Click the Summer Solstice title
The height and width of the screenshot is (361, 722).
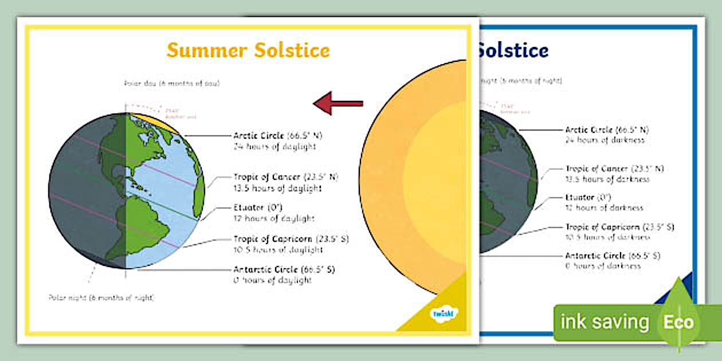click(x=248, y=50)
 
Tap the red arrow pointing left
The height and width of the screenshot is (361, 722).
click(x=338, y=103)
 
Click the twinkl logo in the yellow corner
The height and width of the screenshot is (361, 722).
click(x=443, y=313)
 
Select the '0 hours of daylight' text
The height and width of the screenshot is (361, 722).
click(x=272, y=280)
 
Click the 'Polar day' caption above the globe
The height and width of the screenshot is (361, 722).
click(x=171, y=83)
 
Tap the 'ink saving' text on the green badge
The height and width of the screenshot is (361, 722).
click(x=604, y=322)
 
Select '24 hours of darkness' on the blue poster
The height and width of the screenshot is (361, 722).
click(x=605, y=140)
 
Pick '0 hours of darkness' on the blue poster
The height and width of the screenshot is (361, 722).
click(x=603, y=266)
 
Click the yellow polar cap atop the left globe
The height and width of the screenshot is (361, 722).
click(x=150, y=120)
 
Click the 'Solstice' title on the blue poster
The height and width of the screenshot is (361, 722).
click(x=512, y=50)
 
